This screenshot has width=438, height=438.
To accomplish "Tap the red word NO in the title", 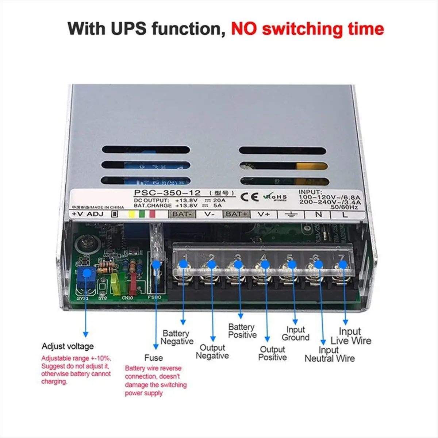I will (244, 28).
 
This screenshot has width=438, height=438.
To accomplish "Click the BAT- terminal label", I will (181, 214).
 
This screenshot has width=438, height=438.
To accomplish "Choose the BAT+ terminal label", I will (236, 214).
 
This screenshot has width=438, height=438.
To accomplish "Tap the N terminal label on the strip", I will (318, 214).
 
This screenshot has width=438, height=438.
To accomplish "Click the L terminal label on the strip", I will (345, 214).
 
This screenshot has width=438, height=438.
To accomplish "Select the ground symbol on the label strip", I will (291, 214).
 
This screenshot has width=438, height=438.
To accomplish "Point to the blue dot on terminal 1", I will (184, 263).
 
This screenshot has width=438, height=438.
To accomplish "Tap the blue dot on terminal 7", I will (343, 264).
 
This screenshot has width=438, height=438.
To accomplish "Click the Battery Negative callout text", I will (177, 337).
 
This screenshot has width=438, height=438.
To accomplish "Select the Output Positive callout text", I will (272, 353).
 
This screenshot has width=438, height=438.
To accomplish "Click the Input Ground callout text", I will (295, 334).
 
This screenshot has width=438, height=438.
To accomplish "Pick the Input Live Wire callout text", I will (350, 336).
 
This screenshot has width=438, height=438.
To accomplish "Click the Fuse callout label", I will (153, 358).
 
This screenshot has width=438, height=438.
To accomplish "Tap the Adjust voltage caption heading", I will (68, 346).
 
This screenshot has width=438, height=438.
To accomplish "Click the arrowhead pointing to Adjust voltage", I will (86, 334).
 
